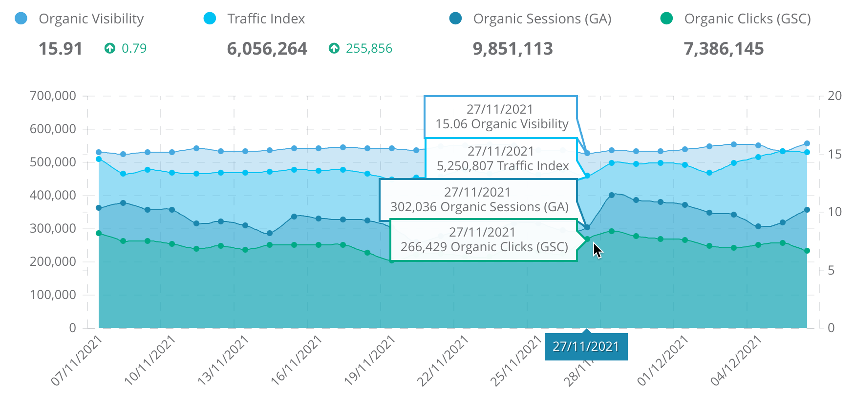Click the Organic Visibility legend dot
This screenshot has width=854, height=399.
21,19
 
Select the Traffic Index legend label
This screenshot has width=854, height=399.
266,19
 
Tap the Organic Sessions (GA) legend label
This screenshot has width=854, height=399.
542,19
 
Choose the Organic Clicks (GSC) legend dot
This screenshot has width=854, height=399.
666,19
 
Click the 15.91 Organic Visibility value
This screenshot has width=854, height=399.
61,49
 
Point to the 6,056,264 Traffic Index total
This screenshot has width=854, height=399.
267,49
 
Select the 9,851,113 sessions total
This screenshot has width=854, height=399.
512,49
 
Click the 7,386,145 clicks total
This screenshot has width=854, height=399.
724,49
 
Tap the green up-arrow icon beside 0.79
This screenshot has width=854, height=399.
110,48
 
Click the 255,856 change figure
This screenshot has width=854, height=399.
369,49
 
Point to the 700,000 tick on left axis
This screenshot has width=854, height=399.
53,96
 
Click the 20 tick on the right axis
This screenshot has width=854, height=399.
834,96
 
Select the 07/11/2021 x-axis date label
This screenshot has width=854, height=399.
76,361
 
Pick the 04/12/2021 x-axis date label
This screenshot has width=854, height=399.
736,361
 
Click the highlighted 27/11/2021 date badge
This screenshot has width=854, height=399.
586,347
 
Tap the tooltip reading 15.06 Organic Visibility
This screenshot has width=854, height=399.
501,117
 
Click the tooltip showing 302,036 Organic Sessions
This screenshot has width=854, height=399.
479,200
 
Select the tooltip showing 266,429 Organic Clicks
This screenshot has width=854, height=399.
484,240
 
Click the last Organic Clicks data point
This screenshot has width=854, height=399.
807,251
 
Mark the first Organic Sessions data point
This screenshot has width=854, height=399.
99,208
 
